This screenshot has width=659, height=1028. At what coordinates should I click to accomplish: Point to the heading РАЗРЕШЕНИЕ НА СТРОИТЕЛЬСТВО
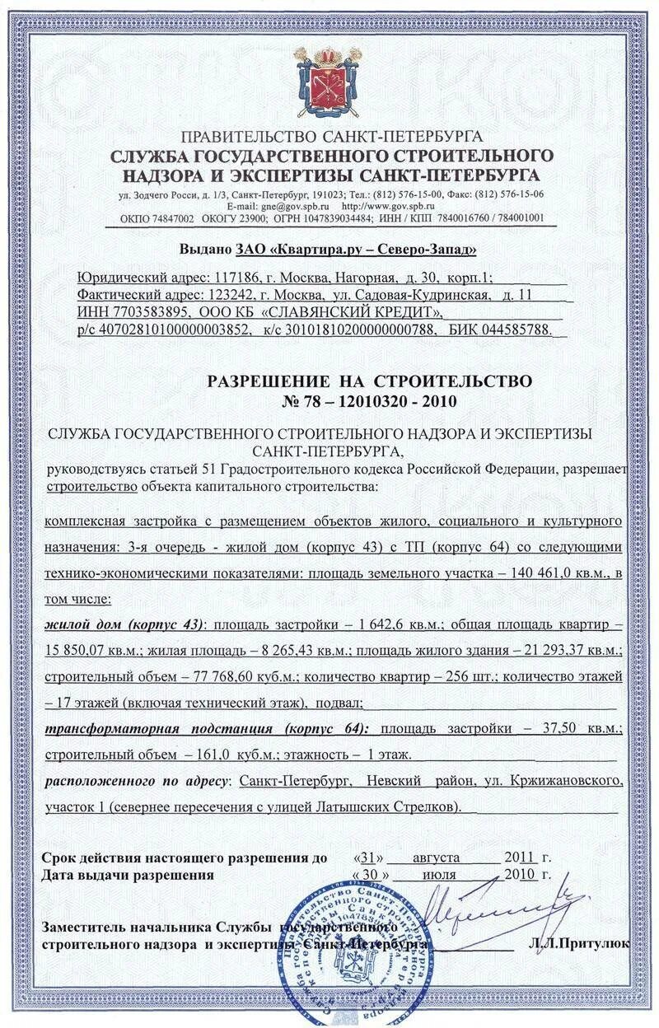pyautogui.click(x=369, y=381)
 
